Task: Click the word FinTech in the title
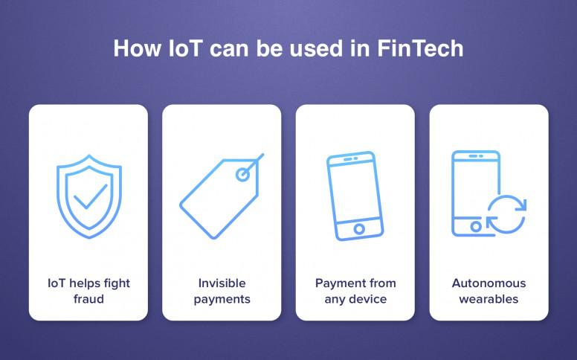point(420,48)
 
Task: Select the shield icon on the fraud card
point(89,196)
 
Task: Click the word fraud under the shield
point(88,298)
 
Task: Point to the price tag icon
point(222,196)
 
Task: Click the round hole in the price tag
point(242,175)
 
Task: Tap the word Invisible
point(222,283)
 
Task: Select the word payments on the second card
point(222,299)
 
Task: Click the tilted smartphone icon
point(355,196)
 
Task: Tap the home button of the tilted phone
point(359,229)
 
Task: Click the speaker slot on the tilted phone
point(351,159)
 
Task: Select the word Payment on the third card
point(336,283)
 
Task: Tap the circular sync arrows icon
point(506,214)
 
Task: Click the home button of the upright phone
point(475,226)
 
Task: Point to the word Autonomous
point(489,283)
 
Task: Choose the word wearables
point(489,299)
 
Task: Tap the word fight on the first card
point(117,283)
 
